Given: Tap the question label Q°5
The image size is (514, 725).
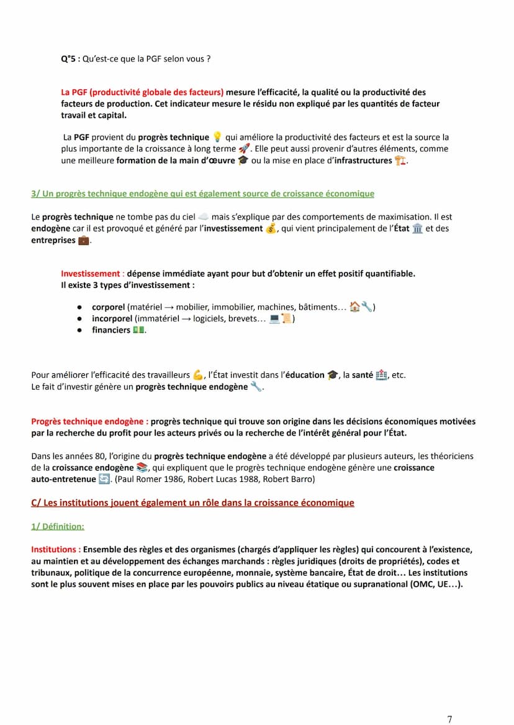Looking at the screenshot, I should click(x=68, y=59).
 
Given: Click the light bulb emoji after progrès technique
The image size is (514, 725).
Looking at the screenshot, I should click(x=217, y=137).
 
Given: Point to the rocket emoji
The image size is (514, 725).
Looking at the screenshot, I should click(x=244, y=149).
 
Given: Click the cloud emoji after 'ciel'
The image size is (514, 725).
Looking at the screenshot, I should click(x=203, y=217).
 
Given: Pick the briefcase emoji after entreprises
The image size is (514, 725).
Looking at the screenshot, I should click(x=83, y=241).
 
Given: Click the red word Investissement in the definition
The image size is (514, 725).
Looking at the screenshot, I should click(x=90, y=274).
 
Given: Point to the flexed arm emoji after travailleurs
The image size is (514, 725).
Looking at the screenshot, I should click(x=198, y=375).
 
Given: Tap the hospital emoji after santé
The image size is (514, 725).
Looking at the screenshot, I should click(x=381, y=375).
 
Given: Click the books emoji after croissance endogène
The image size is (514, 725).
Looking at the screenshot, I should click(x=142, y=468).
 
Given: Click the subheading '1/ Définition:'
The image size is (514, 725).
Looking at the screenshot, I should click(x=58, y=527).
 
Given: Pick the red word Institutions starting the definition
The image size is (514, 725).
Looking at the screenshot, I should click(x=55, y=549).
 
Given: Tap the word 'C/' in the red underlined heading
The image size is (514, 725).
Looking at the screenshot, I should click(x=37, y=503).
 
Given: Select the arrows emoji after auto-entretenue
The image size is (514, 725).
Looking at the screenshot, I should click(x=104, y=479).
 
